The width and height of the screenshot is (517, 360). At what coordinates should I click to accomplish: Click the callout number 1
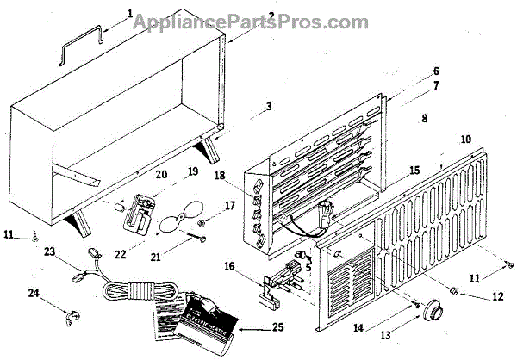tap(130, 13)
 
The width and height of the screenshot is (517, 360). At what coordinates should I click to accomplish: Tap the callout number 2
tap(246, 16)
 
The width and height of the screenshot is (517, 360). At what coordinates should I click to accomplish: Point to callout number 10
tap(466, 139)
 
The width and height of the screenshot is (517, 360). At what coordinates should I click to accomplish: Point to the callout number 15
tap(414, 171)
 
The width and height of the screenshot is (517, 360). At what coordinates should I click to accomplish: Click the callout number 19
tap(194, 171)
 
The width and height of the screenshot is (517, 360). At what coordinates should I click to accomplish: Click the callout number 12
tap(496, 295)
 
